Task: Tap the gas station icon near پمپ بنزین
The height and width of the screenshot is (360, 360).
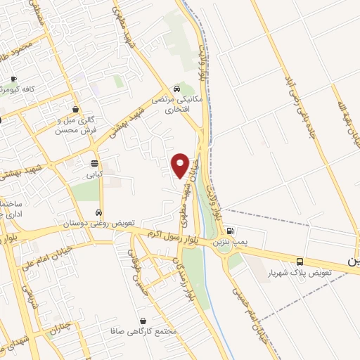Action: click(229, 231)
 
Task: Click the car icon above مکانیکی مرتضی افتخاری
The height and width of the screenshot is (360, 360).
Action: click(176, 89)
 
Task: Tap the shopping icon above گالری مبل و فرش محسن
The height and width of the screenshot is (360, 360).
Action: click(75, 109)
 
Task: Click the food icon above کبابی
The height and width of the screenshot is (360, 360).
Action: click(94, 163)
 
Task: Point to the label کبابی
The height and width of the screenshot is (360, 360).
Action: click(94, 173)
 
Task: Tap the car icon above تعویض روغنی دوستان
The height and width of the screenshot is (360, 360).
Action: click(99, 212)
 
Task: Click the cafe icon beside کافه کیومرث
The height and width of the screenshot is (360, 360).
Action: click(13, 79)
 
